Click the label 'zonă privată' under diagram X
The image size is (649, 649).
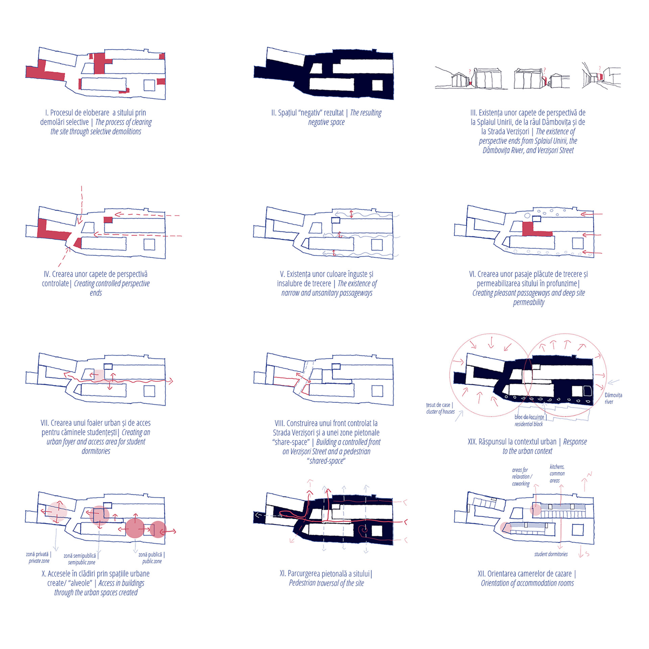(38, 554)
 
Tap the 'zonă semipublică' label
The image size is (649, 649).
(80, 556)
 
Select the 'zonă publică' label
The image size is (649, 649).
(150, 555)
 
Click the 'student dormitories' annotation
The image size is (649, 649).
(551, 554)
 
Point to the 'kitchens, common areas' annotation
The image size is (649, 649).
(557, 474)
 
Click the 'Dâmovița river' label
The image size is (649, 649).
(613, 398)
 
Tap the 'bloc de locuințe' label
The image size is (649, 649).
(529, 417)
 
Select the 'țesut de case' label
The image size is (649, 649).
(438, 405)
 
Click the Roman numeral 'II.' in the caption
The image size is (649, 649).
(274, 113)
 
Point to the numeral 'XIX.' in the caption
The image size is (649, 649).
(472, 441)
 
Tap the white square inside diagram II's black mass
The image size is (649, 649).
(377, 85)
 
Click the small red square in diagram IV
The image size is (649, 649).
(108, 220)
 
